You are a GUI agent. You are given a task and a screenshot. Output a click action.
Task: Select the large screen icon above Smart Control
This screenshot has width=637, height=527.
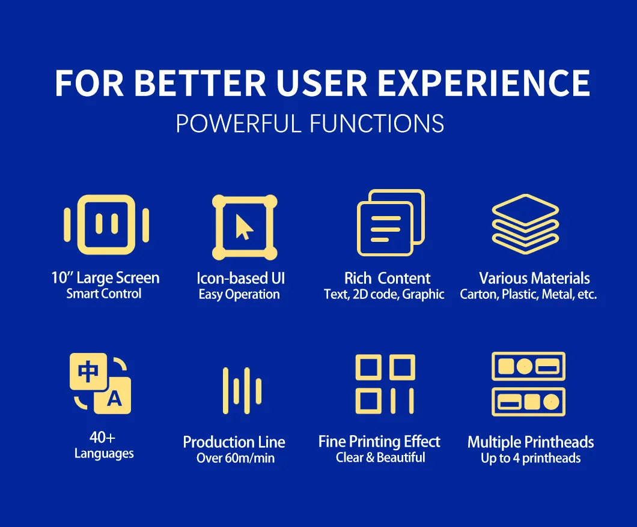tap(106, 224)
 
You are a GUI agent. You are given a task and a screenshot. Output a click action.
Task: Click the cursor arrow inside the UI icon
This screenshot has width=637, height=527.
tap(244, 227)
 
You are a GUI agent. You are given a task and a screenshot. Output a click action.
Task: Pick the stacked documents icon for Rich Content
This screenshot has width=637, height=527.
tap(391, 223)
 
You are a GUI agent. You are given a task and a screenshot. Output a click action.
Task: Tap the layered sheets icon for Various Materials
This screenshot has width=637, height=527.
tap(525, 224)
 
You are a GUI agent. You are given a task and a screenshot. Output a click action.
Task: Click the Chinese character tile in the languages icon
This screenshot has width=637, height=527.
tap(88, 372)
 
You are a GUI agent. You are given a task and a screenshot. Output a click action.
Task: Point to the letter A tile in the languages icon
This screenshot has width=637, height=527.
tap(113, 396)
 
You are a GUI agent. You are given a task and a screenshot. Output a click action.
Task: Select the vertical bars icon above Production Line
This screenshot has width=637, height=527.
tap(242, 391)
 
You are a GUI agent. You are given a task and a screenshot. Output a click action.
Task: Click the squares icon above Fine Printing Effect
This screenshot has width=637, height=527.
tap(385, 384)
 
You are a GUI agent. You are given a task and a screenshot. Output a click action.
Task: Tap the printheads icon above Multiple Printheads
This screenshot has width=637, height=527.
tap(528, 384)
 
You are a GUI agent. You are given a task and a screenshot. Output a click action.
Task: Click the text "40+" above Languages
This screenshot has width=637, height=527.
tap(102, 438)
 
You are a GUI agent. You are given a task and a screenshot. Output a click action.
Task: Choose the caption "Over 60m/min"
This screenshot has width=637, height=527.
tap(236, 458)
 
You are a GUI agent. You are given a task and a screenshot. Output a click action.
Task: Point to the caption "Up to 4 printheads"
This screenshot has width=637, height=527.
tap(531, 459)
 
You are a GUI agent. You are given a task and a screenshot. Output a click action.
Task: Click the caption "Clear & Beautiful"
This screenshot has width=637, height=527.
tap(380, 457)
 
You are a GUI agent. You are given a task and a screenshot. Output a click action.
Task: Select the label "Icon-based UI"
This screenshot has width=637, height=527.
tap(241, 279)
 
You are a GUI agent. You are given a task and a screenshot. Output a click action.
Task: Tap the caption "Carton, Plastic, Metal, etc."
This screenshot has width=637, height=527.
tap(528, 294)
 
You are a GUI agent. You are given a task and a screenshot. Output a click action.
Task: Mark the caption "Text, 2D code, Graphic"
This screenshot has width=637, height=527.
tap(384, 294)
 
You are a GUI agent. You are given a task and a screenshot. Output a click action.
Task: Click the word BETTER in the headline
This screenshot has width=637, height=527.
tap(200, 83)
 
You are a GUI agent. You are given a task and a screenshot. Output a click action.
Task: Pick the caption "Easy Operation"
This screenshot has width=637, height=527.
tap(239, 295)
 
